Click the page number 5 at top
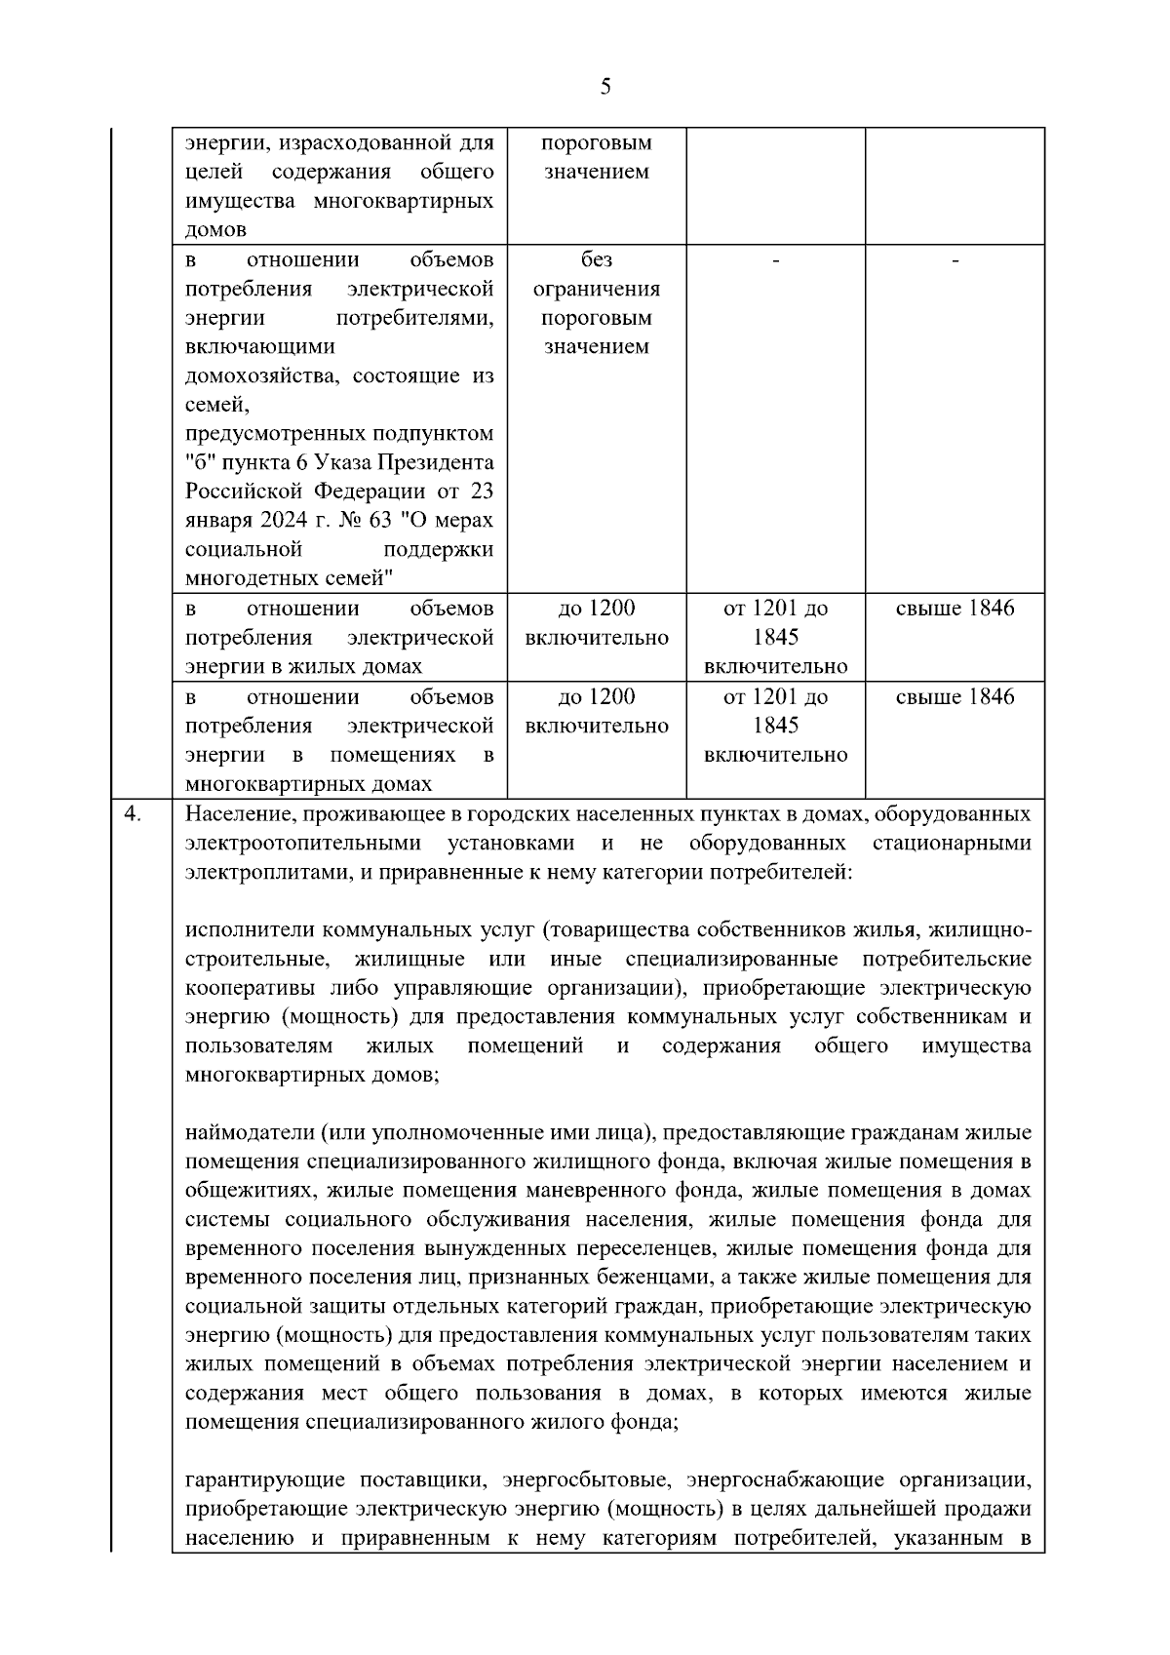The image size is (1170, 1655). (x=605, y=88)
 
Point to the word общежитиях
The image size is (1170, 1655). (x=249, y=1191)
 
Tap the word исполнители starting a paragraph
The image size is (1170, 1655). (x=250, y=929)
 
